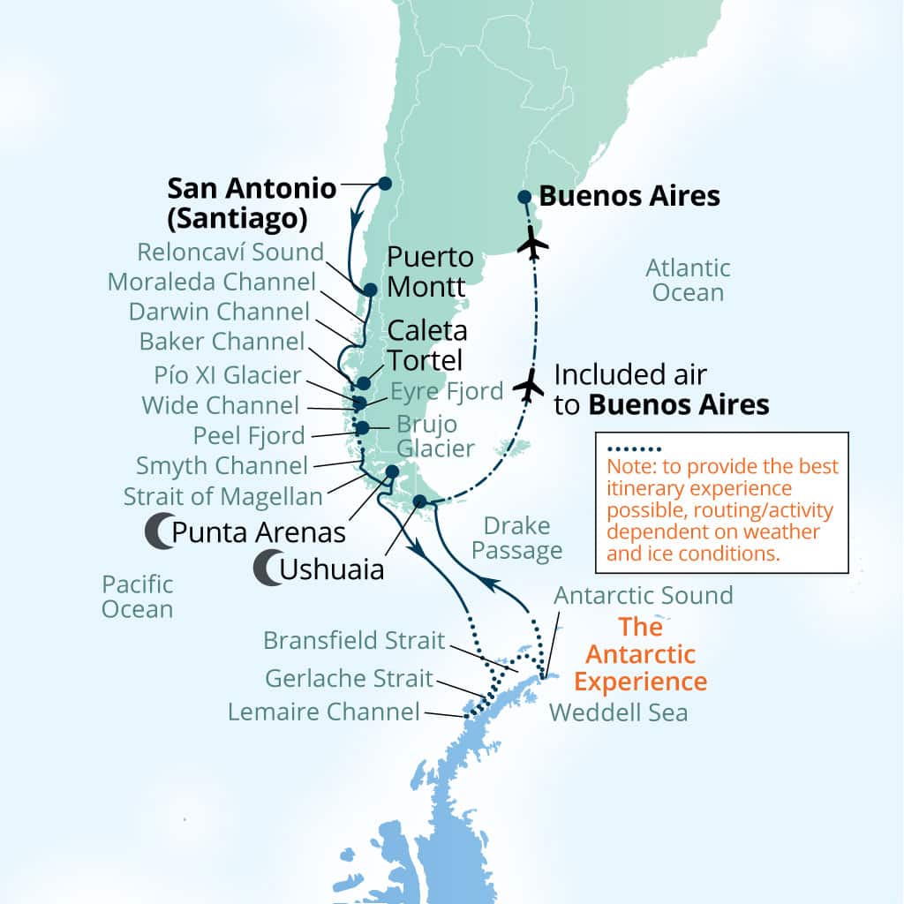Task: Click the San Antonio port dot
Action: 384,183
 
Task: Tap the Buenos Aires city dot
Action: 524,197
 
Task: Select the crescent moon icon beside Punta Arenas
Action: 156,531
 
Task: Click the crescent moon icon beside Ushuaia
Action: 264,569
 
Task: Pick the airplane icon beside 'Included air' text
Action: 530,386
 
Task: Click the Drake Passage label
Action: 516,539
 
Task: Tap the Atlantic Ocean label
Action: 688,279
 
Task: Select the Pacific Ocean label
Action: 137,596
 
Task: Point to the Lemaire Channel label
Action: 323,712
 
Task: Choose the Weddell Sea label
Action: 618,712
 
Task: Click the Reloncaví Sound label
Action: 230,252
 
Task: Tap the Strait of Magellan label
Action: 222,496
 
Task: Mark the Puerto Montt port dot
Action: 370,289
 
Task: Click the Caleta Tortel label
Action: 426,346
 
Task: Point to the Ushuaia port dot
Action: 420,502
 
